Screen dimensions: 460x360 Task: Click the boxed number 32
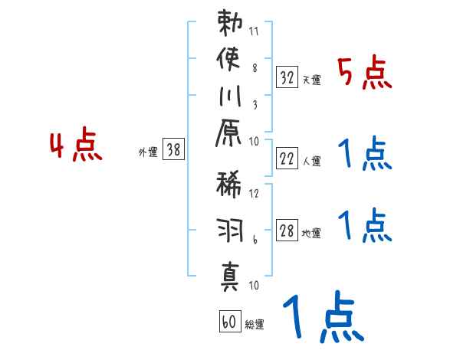[287, 77]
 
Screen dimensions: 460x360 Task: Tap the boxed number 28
[287, 231]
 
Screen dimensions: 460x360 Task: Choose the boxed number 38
[173, 151]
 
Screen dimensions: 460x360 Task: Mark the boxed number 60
[228, 322]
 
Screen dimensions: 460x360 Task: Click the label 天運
[311, 80]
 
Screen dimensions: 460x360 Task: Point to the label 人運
[311, 161]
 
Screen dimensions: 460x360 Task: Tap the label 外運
[147, 152]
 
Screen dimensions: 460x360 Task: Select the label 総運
[255, 325]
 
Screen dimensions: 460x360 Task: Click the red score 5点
[365, 74]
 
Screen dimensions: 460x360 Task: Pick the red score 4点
[75, 147]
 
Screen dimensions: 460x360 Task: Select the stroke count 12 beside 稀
[254, 193]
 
